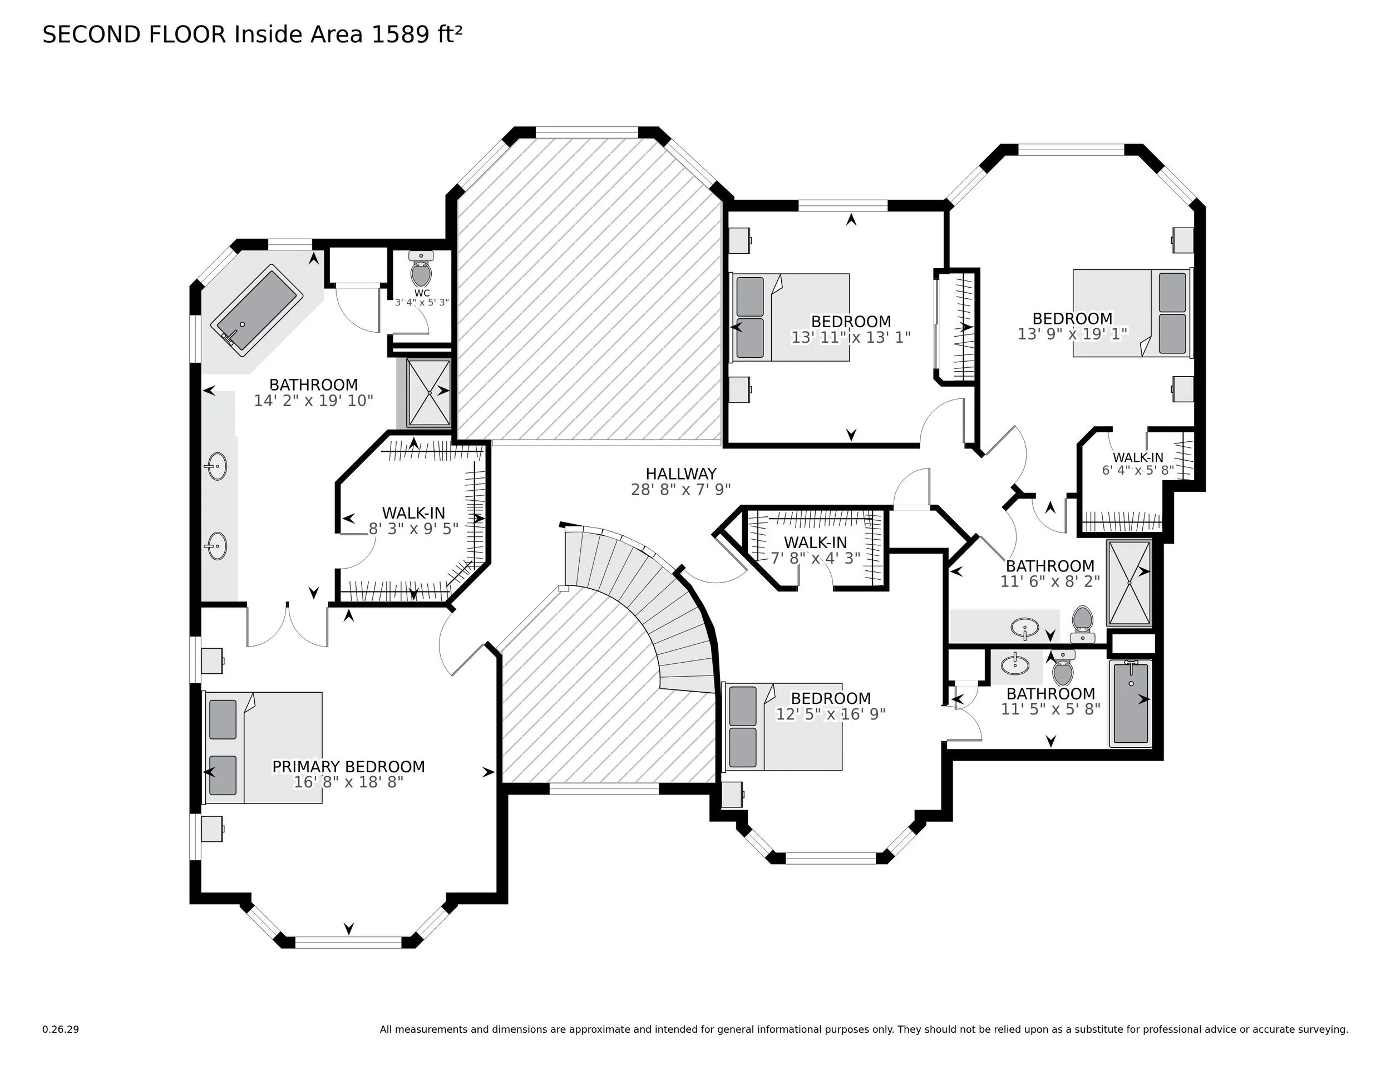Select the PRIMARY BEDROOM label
[x=348, y=767]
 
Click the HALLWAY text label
[x=681, y=474]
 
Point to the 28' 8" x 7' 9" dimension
[x=681, y=490]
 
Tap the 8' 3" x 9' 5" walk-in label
[x=413, y=529]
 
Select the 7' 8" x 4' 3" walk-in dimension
[x=815, y=558]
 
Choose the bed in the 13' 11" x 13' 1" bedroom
[x=790, y=317]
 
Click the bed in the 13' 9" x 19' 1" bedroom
[x=1131, y=313]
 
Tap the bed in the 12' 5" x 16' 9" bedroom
[x=783, y=727]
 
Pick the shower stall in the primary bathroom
[x=428, y=392]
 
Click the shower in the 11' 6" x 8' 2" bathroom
[x=1128, y=582]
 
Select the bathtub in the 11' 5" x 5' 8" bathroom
[x=1131, y=703]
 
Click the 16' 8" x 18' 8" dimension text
[x=348, y=783]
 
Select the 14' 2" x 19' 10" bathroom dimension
[x=313, y=401]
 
